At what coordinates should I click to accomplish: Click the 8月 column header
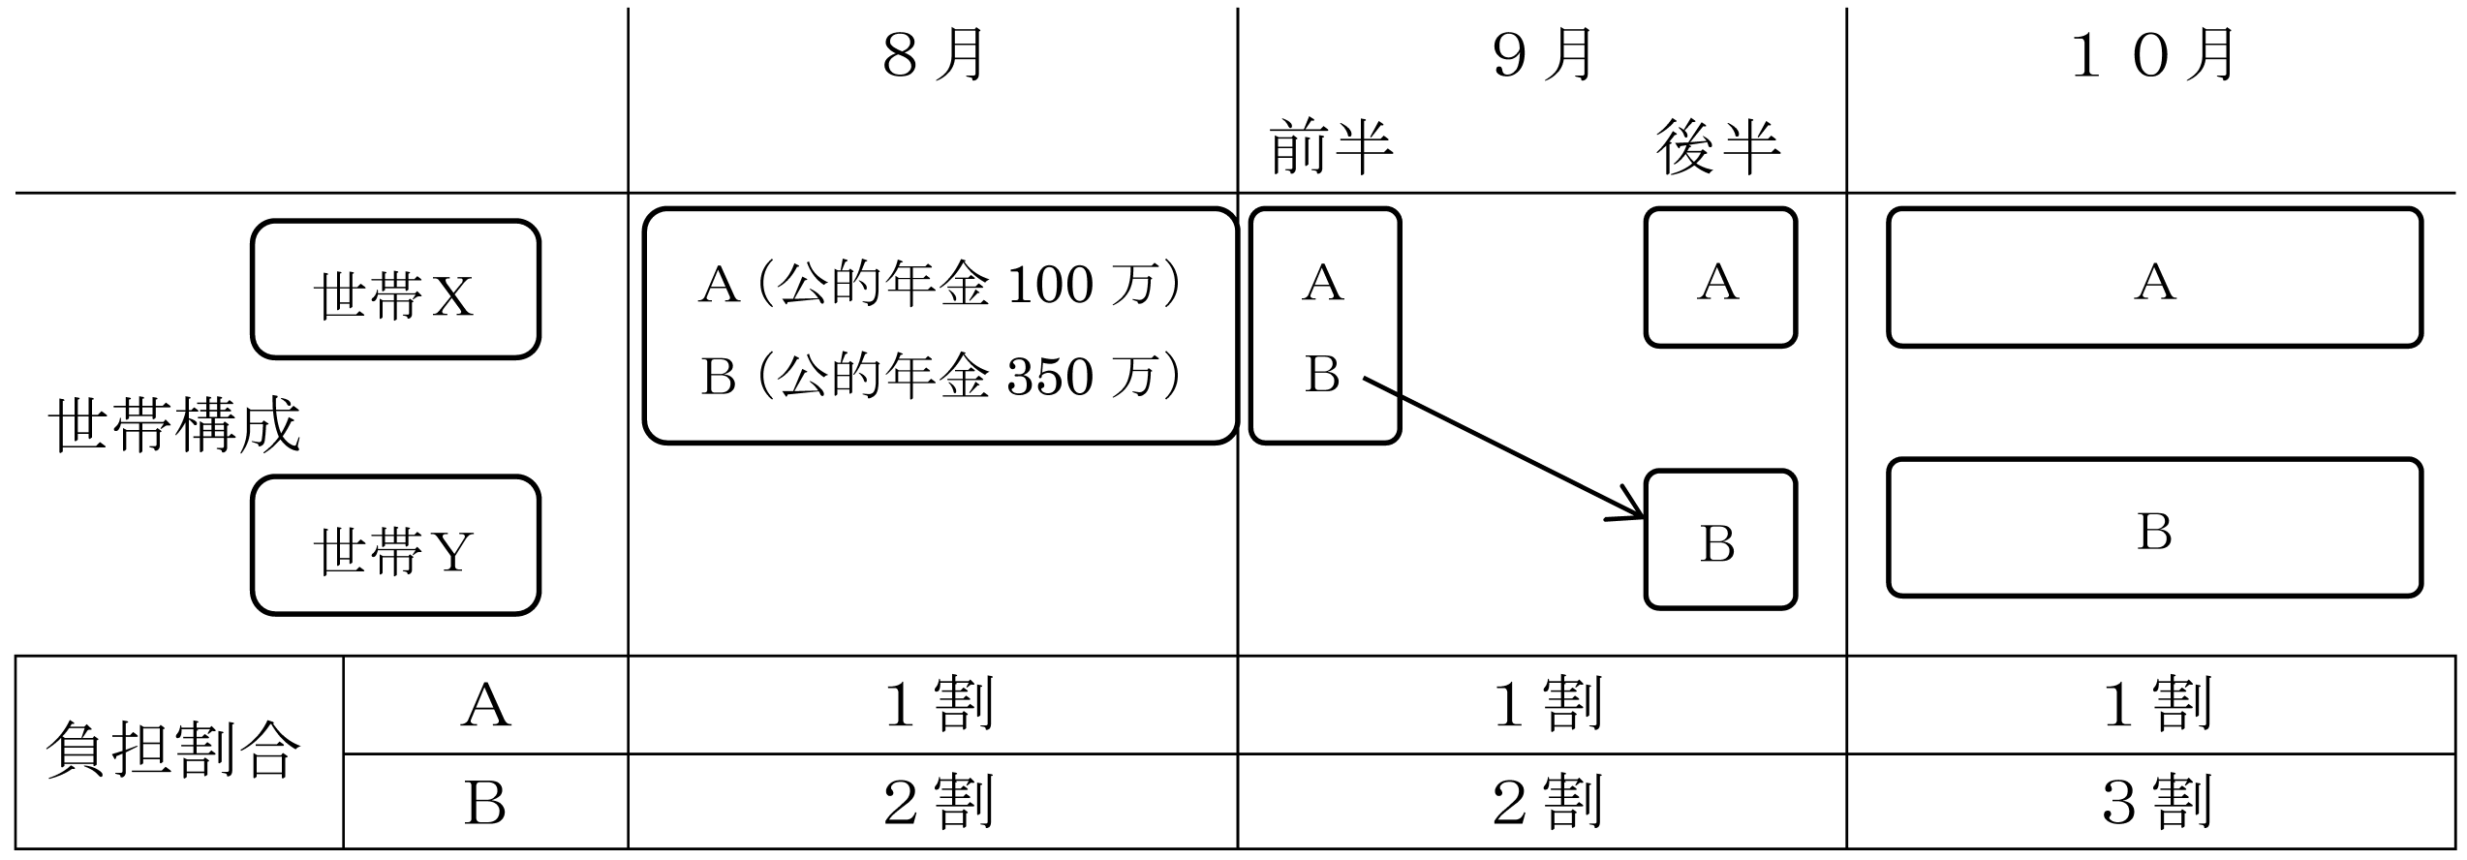tap(934, 55)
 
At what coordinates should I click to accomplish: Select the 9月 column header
tap(1543, 55)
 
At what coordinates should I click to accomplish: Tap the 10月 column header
tap(2152, 55)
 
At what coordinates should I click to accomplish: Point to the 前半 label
tap(1331, 147)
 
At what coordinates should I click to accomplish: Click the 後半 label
tap(1718, 147)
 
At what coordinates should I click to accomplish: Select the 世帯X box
tap(395, 290)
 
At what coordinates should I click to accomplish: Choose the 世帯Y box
tap(395, 545)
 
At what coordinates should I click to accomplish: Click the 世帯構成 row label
tap(174, 425)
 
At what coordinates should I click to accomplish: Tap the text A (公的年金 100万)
tap(940, 285)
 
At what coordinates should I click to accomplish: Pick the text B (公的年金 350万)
tap(940, 376)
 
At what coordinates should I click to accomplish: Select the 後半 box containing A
tap(1720, 277)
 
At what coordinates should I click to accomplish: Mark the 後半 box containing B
tap(1720, 539)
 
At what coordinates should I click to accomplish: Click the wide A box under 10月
tap(2154, 277)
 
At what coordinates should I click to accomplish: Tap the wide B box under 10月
tap(2154, 528)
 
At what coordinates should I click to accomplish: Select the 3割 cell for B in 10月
tap(2152, 802)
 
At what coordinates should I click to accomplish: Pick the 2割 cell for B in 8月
tap(934, 802)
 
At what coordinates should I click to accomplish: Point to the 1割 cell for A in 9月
tap(1543, 705)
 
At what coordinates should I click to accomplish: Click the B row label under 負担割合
tap(485, 802)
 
